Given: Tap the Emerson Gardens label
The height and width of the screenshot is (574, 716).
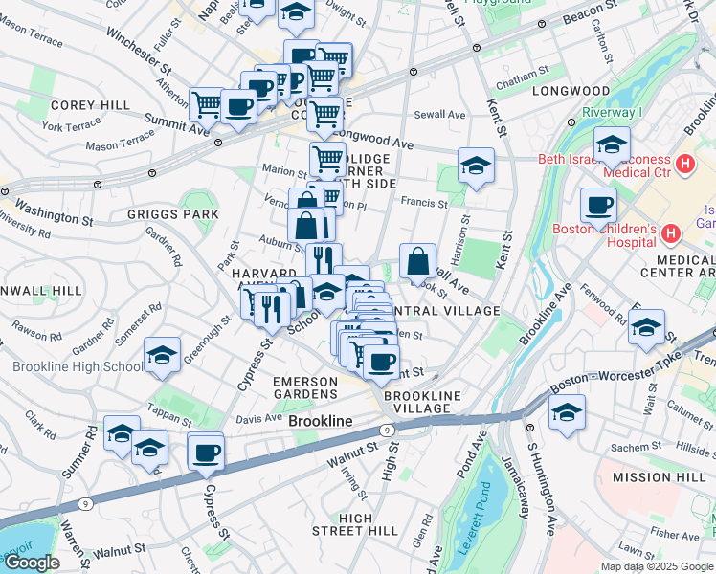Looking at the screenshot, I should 305,387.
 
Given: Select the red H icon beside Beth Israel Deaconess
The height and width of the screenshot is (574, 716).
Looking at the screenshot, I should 683,164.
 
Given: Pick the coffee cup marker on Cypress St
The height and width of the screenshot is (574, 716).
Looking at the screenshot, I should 206,452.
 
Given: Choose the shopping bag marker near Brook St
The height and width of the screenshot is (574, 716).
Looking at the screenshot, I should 418,260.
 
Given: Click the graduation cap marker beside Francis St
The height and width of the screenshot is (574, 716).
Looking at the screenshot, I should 476,166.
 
